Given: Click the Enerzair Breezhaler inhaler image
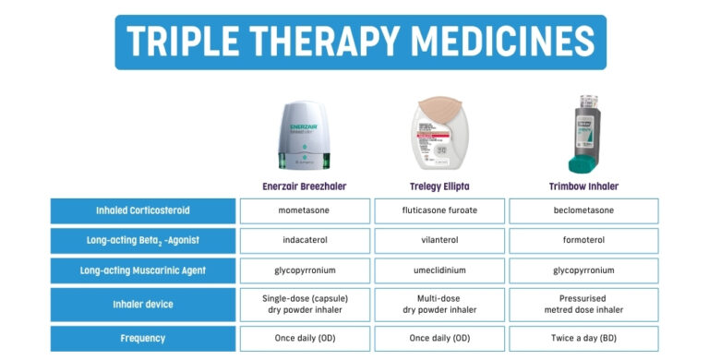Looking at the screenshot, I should (304, 133).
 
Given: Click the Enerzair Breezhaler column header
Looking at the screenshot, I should (304, 186).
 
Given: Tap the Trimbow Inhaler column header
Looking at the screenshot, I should (583, 186).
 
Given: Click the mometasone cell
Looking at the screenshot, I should (304, 210).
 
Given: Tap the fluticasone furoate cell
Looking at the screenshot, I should (439, 210).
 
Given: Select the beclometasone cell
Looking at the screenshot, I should (583, 210).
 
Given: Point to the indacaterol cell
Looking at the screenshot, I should (304, 240).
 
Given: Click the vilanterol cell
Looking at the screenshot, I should (439, 240).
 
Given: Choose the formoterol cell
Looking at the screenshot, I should (583, 240).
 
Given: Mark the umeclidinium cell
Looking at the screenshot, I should (439, 270).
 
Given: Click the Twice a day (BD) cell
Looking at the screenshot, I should (583, 339).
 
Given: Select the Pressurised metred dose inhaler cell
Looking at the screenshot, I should (583, 305).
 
